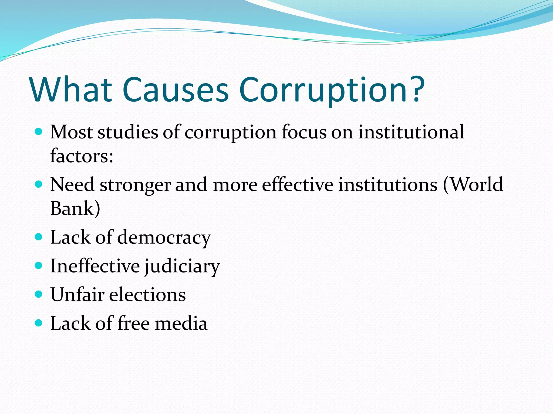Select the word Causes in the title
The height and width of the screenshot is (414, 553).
(176, 90)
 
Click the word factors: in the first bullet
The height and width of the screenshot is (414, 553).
(82, 156)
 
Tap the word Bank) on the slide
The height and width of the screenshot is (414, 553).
(75, 208)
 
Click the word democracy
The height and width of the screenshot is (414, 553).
(164, 238)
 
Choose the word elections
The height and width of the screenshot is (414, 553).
(147, 294)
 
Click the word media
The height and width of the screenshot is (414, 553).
(181, 323)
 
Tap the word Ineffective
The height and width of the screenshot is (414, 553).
(95, 266)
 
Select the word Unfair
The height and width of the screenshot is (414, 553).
(77, 294)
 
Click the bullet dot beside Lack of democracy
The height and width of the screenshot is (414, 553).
(39, 237)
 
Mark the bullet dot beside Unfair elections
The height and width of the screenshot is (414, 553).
(39, 294)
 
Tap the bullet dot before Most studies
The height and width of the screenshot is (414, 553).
(39, 132)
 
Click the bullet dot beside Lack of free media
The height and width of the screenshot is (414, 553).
(39, 323)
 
